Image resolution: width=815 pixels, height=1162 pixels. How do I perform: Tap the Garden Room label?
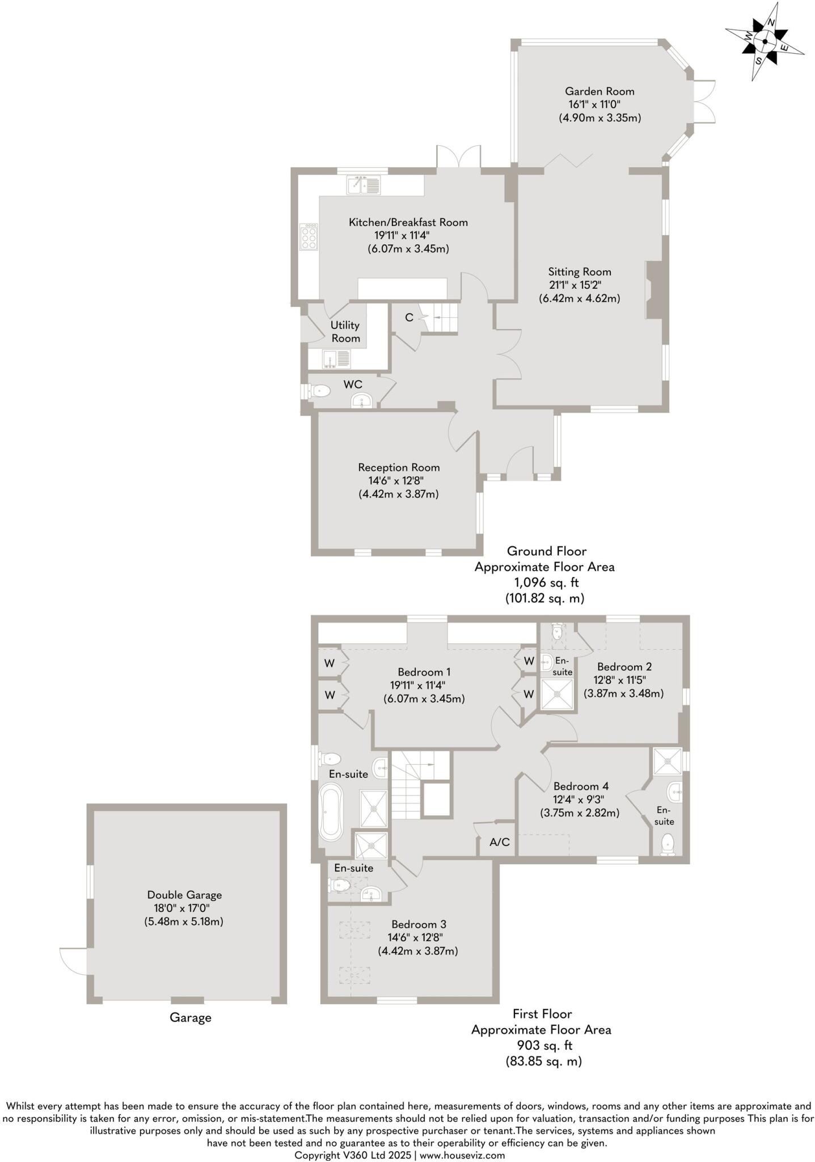(599, 91)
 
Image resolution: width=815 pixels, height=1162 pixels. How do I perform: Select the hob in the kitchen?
(309, 238)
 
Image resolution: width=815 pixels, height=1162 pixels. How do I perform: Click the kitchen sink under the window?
(364, 185)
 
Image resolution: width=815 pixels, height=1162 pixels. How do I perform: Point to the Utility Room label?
(345, 331)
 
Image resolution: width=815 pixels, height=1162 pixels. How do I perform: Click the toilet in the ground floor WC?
(319, 390)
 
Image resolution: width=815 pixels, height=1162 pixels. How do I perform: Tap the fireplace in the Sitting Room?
(653, 290)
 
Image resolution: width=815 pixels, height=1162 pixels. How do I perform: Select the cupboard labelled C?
(409, 318)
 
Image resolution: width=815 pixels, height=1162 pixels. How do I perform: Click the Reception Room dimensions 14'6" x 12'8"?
(396, 481)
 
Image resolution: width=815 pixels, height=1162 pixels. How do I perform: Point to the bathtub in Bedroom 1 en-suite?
(331, 812)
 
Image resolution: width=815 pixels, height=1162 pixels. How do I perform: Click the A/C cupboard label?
(499, 843)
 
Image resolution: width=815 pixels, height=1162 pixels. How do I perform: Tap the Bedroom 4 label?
(581, 786)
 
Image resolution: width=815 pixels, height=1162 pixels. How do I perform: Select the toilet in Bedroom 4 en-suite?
(668, 844)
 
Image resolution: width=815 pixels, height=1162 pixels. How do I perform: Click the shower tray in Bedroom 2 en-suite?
(556, 694)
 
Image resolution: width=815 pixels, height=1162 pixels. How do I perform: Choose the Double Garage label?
(184, 895)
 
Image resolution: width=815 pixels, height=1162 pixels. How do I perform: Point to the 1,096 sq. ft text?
(546, 582)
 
